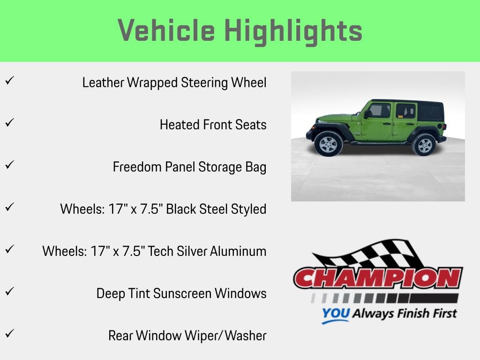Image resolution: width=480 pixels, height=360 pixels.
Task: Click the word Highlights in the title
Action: (x=293, y=31)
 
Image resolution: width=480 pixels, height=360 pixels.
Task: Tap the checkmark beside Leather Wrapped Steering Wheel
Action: (x=9, y=81)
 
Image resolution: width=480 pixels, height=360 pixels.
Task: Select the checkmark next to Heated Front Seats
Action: (x=9, y=123)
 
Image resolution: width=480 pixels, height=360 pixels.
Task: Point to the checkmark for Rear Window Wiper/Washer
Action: (x=9, y=334)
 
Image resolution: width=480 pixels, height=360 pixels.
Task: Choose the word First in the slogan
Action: (x=443, y=313)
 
